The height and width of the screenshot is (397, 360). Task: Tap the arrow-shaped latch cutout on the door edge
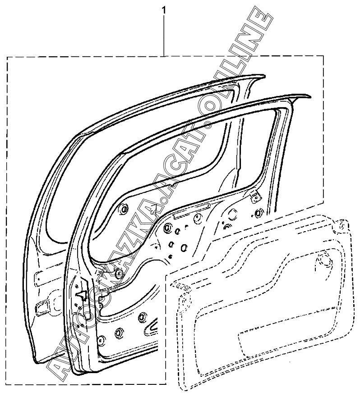[x=81, y=296]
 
